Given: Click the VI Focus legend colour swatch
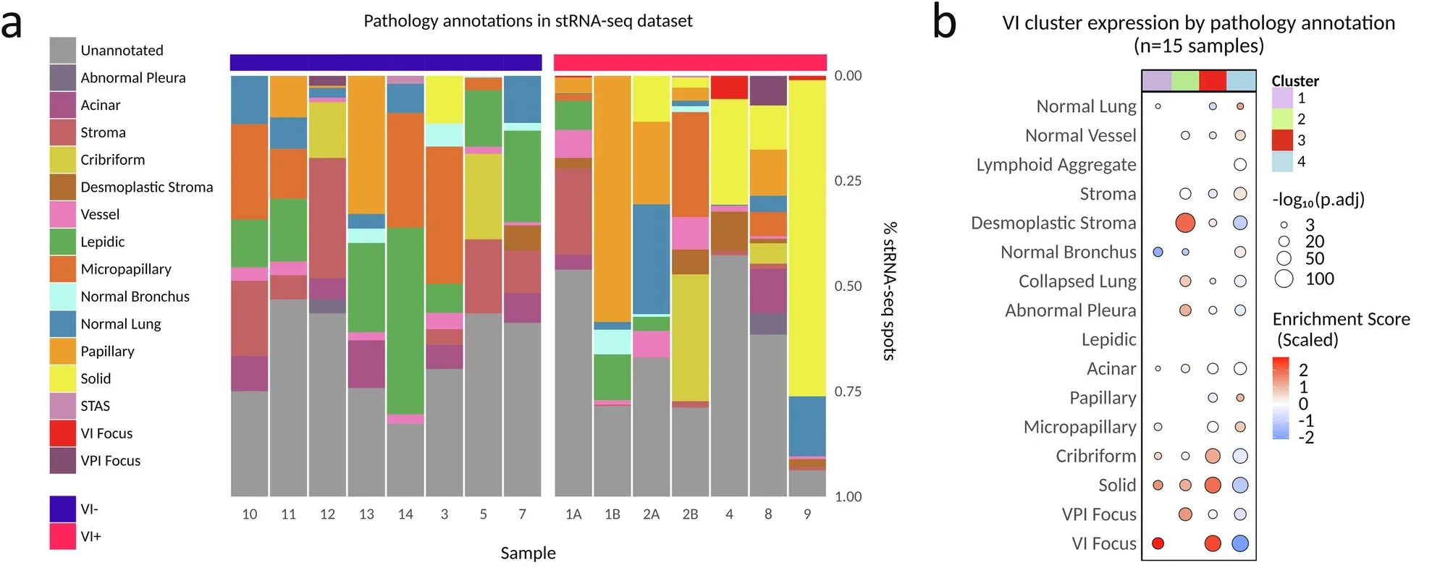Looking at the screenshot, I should tap(63, 433).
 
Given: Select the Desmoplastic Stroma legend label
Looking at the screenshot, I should tap(146, 187).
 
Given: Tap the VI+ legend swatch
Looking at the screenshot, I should tap(63, 536).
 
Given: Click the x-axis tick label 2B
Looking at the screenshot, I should tap(690, 514).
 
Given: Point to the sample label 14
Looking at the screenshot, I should tap(405, 514).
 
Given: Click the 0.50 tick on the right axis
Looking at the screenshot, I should tap(848, 286).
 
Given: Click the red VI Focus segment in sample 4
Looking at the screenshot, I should tap(729, 87).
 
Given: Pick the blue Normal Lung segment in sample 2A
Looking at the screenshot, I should tap(651, 258).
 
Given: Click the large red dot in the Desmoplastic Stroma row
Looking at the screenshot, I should tap(1185, 223).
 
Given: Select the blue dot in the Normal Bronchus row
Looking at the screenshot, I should tap(1158, 252).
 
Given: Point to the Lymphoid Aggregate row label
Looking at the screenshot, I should tap(1056, 164).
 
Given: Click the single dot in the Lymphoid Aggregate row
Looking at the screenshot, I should tap(1240, 164).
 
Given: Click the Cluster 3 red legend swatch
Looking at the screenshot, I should tap(1282, 140).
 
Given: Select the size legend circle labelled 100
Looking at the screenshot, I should tap(1284, 279).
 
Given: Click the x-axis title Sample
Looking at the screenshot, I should tap(528, 553).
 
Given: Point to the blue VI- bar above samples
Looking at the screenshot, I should tap(386, 62).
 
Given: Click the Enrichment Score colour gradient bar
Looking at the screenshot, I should tap(1281, 398).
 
